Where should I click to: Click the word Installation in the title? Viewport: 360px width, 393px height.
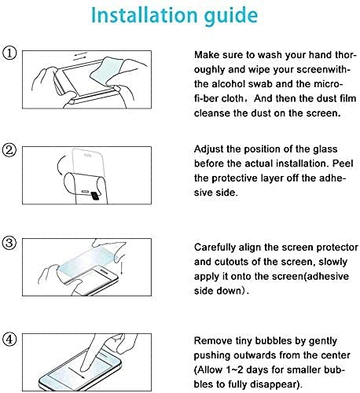(144, 15)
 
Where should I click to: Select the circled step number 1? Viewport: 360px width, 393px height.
(9, 53)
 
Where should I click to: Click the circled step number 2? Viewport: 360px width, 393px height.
(9, 150)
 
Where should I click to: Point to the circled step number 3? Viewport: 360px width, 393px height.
(9, 242)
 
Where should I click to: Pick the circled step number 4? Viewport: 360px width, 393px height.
(9, 340)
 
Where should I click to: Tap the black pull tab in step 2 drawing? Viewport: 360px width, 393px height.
(95, 196)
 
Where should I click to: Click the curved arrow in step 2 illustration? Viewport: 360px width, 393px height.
(60, 165)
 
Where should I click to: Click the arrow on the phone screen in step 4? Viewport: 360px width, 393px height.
(76, 373)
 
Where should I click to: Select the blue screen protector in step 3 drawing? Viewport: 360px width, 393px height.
(86, 260)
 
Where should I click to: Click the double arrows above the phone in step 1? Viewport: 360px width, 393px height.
(80, 56)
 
